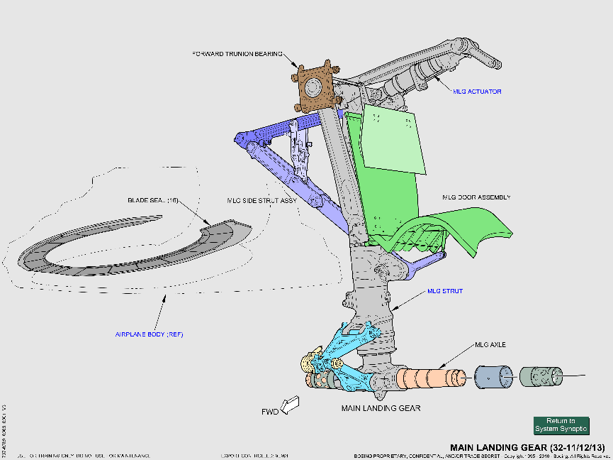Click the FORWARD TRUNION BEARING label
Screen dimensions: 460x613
(237, 54)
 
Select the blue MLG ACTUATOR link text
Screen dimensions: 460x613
(477, 92)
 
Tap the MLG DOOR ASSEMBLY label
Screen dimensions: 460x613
(476, 197)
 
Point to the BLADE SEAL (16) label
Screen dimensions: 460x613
(152, 200)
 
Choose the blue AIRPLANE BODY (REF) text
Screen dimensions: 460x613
(149, 334)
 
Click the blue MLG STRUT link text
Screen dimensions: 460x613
(443, 291)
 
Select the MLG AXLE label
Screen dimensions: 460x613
(490, 346)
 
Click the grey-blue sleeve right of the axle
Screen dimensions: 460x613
(493, 377)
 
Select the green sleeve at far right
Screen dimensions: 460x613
(541, 376)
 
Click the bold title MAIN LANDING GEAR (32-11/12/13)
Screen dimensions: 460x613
(528, 448)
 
